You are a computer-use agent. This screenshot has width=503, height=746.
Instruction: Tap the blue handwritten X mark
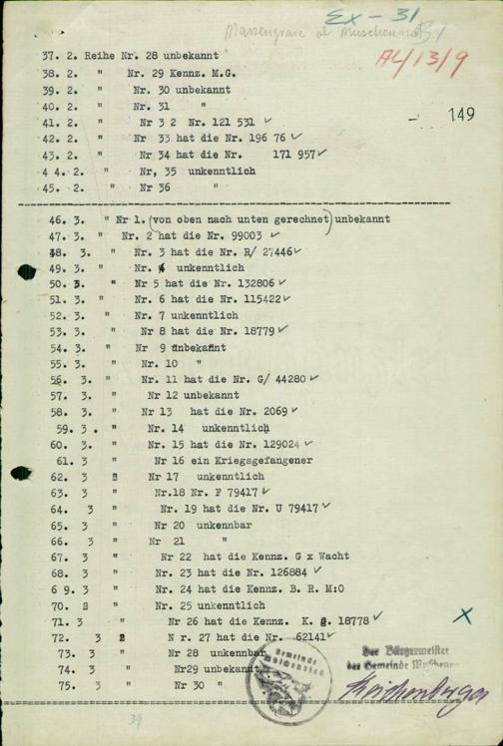coord(461,616)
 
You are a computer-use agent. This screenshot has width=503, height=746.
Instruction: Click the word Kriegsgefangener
coord(264,460)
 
